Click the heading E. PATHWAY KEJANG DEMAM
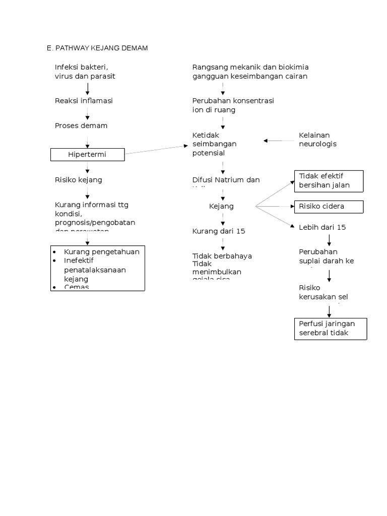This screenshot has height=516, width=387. pyautogui.click(x=97, y=48)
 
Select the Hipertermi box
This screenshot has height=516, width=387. pyautogui.click(x=87, y=155)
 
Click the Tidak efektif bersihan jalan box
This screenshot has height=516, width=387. pyautogui.click(x=330, y=180)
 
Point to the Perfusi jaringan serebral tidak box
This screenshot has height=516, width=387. pyautogui.click(x=331, y=329)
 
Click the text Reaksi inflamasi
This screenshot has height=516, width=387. pyautogui.click(x=84, y=101)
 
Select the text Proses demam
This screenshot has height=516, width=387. pyautogui.click(x=81, y=125)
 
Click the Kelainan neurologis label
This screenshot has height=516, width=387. pyautogui.click(x=318, y=140)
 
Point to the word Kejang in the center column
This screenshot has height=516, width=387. pyautogui.click(x=221, y=206)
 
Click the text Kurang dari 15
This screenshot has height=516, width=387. pyautogui.click(x=219, y=231)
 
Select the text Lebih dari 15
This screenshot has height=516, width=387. pyautogui.click(x=322, y=227)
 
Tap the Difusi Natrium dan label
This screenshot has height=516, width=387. pyautogui.click(x=226, y=179)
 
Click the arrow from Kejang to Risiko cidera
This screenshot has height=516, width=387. pyautogui.click(x=275, y=206)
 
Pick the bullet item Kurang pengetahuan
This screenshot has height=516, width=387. pyautogui.click(x=101, y=251)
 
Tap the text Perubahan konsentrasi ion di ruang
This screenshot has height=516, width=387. pyautogui.click(x=233, y=105)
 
